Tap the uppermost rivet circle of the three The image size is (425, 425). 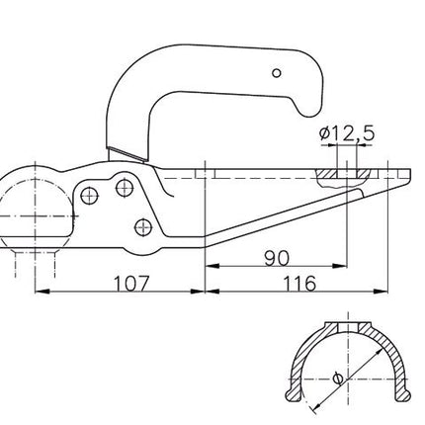pyautogui.click(x=125, y=185)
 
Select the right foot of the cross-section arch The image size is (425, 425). pyautogui.click(x=399, y=398)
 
